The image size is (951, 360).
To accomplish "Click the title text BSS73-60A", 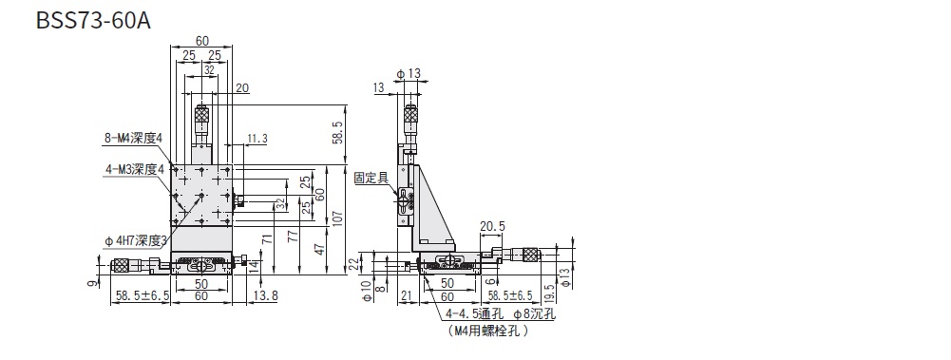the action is click(93, 21).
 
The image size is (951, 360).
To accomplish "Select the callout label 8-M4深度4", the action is click(132, 138).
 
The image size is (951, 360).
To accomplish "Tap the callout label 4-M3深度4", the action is click(133, 170).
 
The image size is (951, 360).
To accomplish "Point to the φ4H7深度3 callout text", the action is click(136, 241).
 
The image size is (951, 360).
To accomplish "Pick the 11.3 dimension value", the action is click(257, 139).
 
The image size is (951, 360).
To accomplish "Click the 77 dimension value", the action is click(295, 237).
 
